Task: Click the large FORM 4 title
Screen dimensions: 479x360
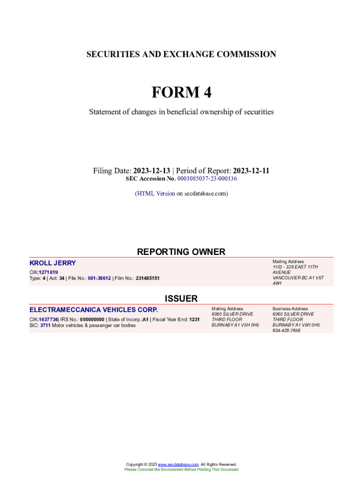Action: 181,93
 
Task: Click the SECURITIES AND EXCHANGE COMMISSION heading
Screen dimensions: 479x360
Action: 181,54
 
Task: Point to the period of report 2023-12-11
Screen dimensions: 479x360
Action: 251,171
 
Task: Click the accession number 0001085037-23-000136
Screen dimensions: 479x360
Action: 207,179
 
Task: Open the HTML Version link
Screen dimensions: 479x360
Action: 156,193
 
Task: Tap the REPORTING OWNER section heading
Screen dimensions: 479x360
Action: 181,252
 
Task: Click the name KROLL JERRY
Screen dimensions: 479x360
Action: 52,263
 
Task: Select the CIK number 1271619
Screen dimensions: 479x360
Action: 49,272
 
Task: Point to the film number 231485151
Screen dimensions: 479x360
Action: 148,278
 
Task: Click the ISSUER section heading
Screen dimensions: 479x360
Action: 181,298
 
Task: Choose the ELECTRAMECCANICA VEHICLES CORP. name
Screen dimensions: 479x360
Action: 94,310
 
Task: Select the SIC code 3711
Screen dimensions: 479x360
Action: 45,325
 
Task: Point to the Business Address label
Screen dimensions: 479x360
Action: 290,309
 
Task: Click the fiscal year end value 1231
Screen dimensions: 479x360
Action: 194,319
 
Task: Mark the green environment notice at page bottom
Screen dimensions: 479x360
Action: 181,470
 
